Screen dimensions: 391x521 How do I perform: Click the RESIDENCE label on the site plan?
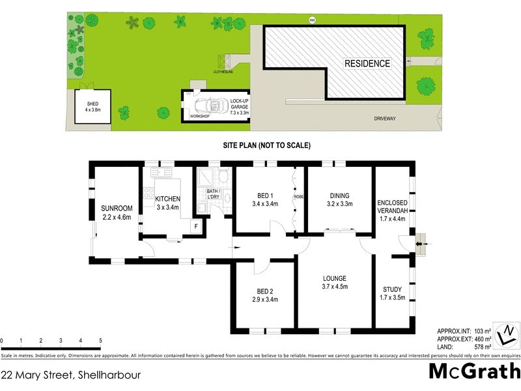pos(367,64)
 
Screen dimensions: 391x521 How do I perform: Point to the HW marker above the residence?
pos(312,18)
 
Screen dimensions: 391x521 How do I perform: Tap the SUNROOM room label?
pos(117,212)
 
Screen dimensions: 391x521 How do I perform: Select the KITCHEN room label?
pos(167,203)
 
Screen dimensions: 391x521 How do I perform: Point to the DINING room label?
pos(339,199)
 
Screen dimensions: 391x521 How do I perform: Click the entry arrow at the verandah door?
pos(419,244)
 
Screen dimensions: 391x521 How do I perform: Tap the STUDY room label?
pos(392,293)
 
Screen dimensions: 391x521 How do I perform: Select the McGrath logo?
pos(474,371)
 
